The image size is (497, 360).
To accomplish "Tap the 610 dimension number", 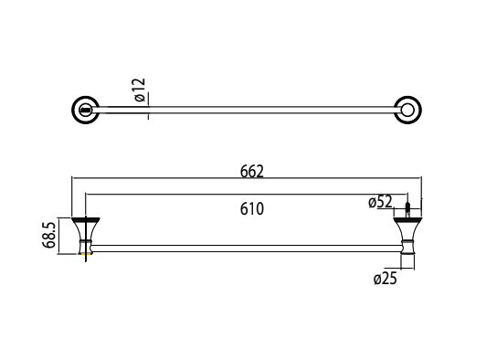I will tap(251, 208).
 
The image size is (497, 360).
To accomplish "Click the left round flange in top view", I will tap(86, 111).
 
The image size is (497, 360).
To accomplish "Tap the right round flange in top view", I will tap(407, 111).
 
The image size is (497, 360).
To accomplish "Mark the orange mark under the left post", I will tap(89, 259).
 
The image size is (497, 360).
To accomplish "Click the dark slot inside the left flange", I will tap(86, 111).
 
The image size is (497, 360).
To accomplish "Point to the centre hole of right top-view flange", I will tap(407, 111).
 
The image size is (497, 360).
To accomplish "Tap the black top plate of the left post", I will tap(88, 219).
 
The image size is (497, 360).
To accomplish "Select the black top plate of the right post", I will tap(405, 219).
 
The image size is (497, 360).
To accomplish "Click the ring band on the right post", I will tap(405, 245).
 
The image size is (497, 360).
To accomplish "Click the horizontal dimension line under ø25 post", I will tap(405, 270).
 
